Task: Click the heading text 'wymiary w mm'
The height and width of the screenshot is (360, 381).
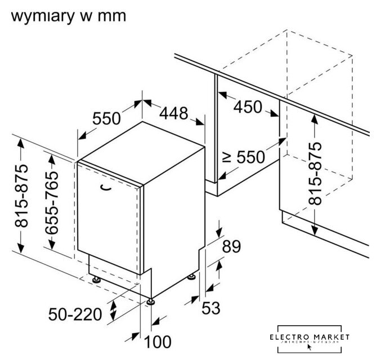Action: (68, 15)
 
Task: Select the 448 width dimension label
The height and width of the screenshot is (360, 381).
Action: (173, 114)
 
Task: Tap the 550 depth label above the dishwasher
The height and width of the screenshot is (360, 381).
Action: (107, 118)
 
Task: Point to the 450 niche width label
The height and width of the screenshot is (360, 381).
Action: (248, 106)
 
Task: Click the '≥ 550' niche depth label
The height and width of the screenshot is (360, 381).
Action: (244, 157)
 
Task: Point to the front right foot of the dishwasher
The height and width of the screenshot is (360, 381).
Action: (151, 301)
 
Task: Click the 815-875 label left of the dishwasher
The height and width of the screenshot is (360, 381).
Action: (21, 197)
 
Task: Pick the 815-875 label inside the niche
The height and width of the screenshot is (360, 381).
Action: (317, 173)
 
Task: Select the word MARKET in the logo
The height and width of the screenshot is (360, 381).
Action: (336, 336)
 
